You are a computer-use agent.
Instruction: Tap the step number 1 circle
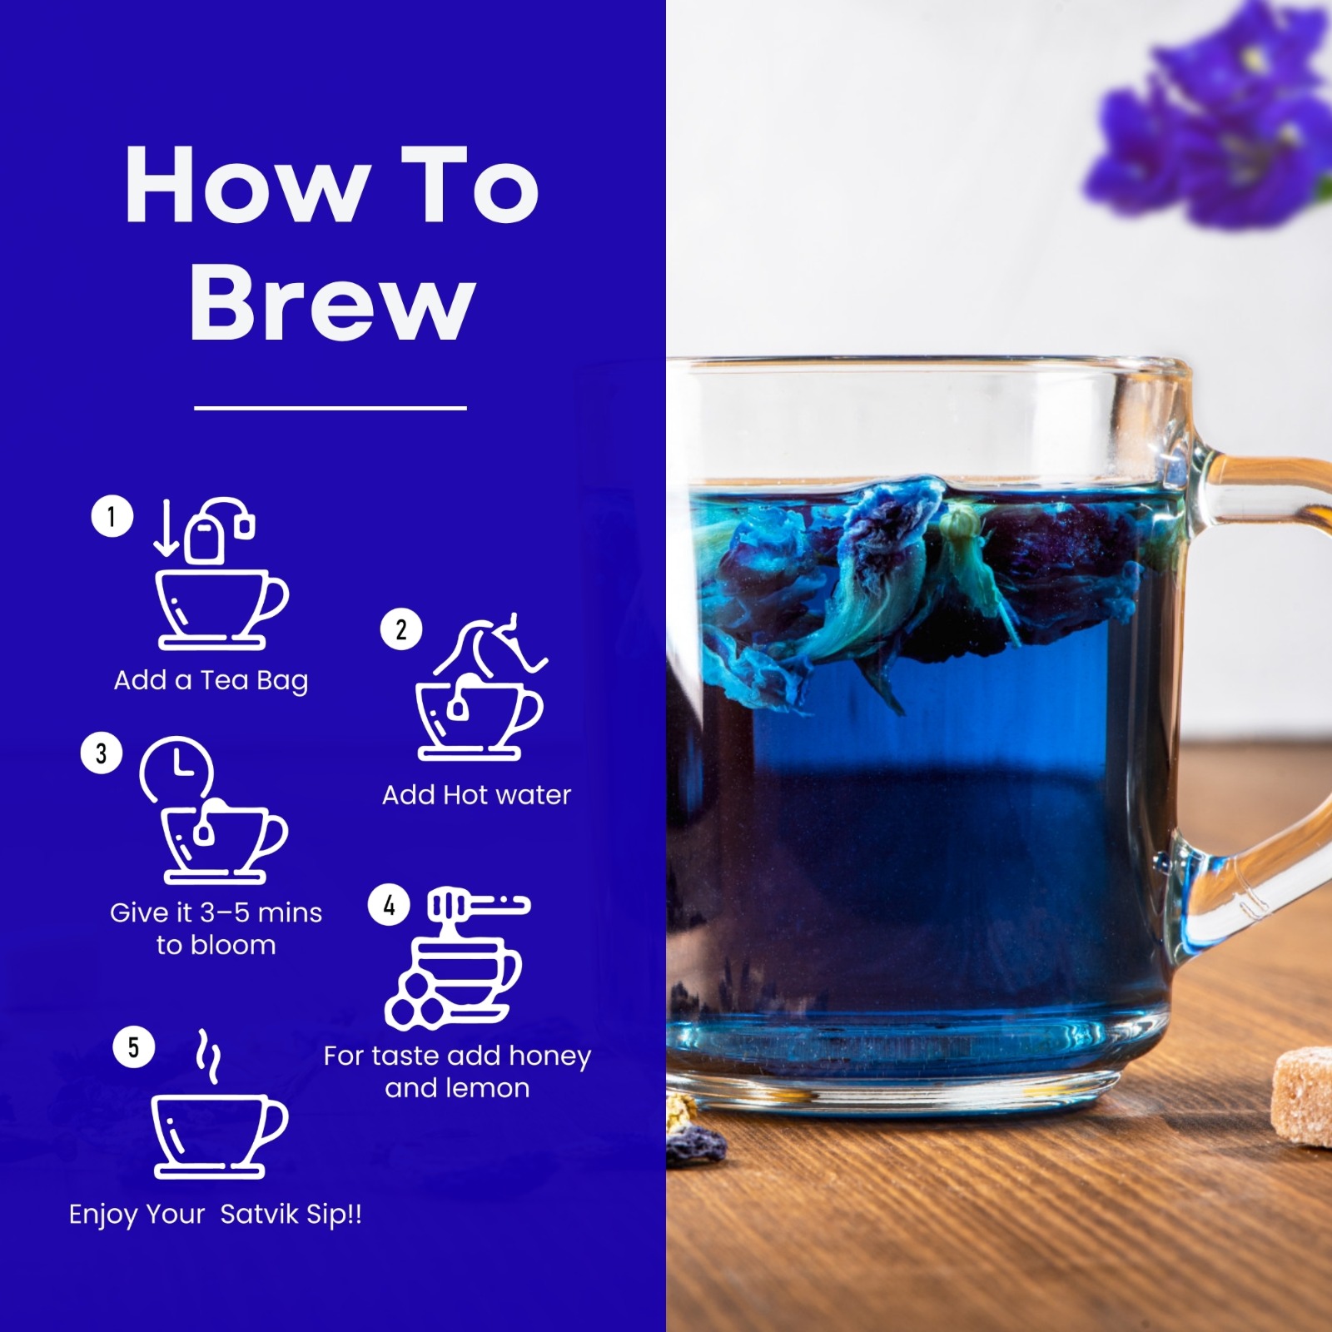[112, 516]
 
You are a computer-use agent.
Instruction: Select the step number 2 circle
[401, 629]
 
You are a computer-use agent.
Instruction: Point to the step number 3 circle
[102, 753]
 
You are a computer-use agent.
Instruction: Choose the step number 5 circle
[134, 1047]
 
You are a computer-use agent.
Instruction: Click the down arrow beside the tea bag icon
[166, 528]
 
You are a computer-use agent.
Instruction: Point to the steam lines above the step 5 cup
[208, 1056]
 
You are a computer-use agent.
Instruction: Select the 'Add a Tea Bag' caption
[211, 681]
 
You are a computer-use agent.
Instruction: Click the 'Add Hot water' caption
[476, 795]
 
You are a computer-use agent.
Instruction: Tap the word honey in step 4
[549, 1056]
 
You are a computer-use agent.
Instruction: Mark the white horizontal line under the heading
[331, 408]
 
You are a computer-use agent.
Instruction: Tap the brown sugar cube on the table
[1303, 1097]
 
